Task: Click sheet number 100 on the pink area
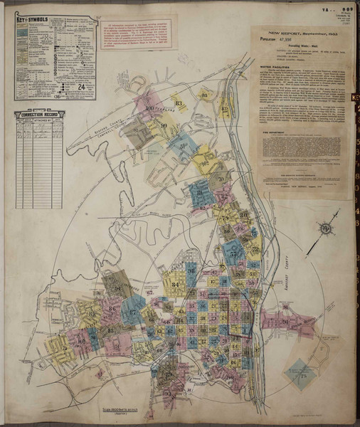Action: (x=150, y=109)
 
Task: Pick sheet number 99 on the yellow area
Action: (x=164, y=127)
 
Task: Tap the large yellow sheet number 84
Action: (x=175, y=285)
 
